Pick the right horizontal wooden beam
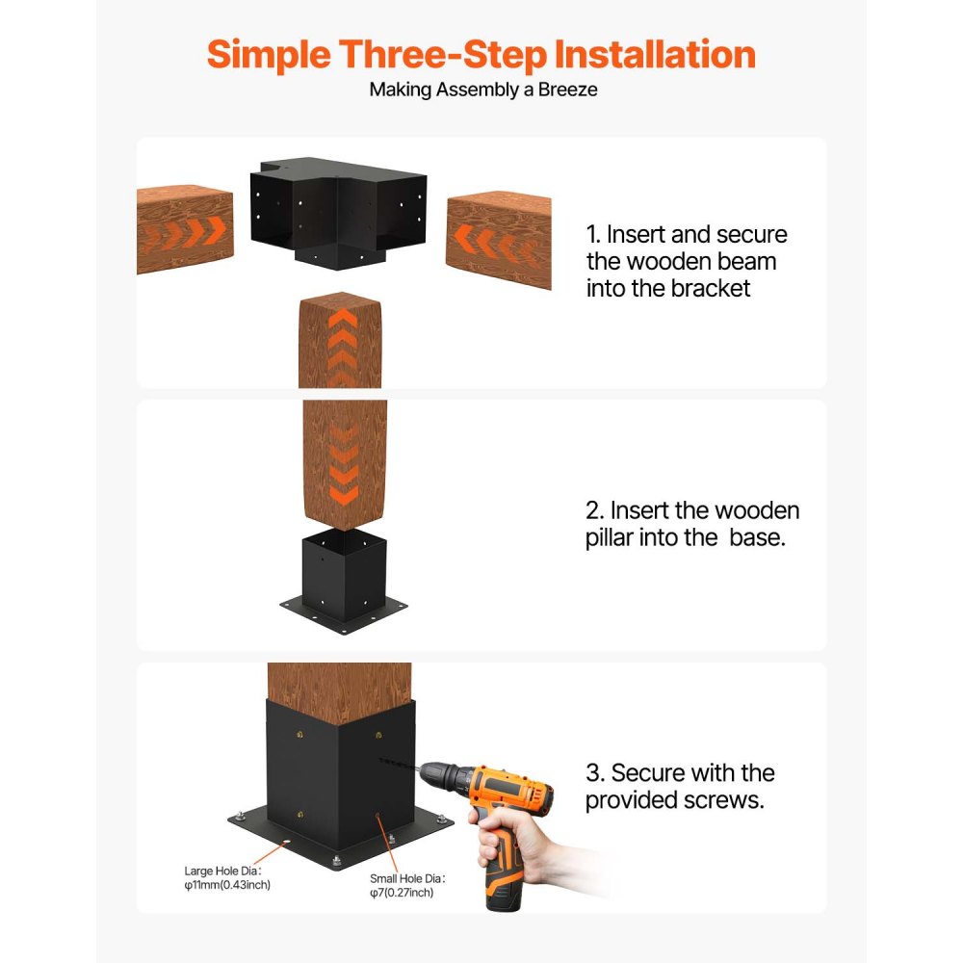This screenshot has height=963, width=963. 498,239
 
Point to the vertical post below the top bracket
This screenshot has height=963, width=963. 340,342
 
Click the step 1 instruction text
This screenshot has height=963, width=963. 686,261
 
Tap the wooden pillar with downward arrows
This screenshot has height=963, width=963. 344,464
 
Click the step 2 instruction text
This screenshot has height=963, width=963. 691,524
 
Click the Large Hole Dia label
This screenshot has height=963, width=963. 227,877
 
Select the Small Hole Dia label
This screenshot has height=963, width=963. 409,886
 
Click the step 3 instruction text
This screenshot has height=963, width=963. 680,786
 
